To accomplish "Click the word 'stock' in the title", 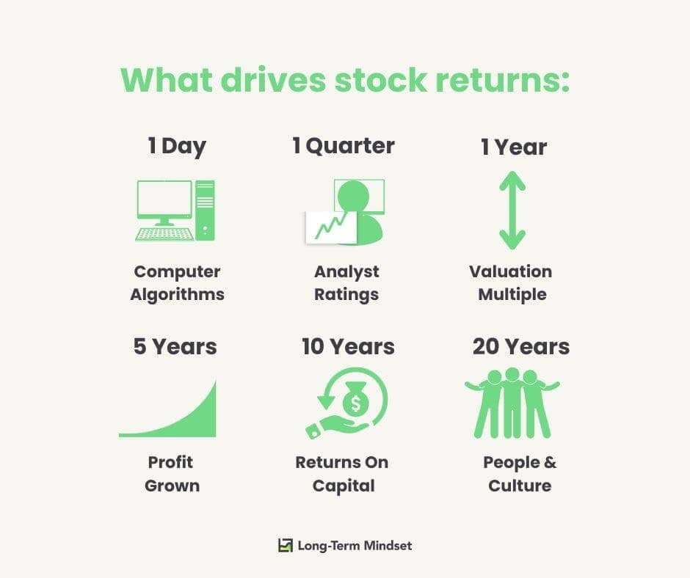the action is click(x=381, y=81).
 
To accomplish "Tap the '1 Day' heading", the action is click(x=177, y=147).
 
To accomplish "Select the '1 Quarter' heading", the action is click(x=344, y=147).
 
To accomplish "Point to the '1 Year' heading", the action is click(x=514, y=147).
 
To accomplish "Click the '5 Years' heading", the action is click(x=175, y=347).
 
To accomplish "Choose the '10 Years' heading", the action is click(x=348, y=347).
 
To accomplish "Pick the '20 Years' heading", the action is click(x=521, y=347).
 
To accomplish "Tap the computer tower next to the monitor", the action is click(x=205, y=211).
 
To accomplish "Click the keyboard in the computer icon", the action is click(x=164, y=235).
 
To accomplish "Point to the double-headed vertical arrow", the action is click(x=512, y=211).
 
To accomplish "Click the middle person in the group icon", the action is click(x=512, y=403).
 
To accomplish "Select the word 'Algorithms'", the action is click(x=178, y=295).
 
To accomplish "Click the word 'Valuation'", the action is click(x=510, y=271).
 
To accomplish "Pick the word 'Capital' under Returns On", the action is click(x=344, y=486).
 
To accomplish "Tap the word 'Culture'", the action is click(x=520, y=486).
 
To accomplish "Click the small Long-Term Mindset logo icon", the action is click(x=285, y=546).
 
